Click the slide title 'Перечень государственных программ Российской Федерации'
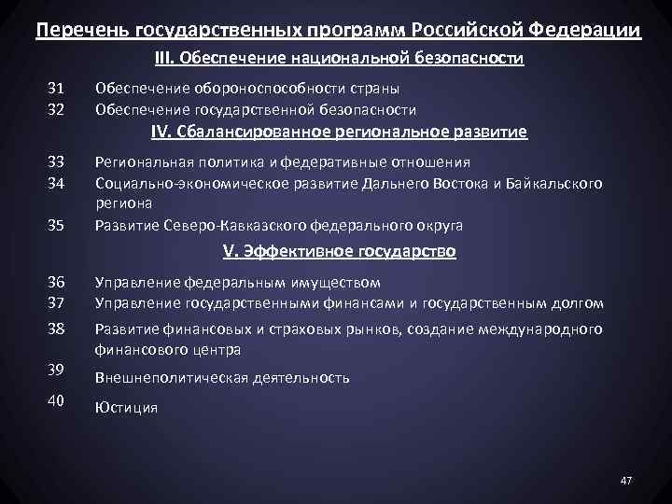click(x=338, y=30)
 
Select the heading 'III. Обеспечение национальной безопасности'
click(x=339, y=59)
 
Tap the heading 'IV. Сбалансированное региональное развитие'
click(x=339, y=132)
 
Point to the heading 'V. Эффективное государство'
click(x=339, y=251)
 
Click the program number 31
click(x=56, y=89)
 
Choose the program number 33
click(x=56, y=161)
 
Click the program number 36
click(x=56, y=282)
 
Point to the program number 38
click(x=56, y=329)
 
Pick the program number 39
click(x=56, y=370)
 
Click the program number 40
click(x=56, y=401)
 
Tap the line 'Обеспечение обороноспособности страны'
click(x=247, y=89)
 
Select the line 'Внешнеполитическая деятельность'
click(x=222, y=378)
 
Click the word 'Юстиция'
click(x=126, y=408)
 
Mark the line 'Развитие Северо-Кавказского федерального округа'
click(x=279, y=225)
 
